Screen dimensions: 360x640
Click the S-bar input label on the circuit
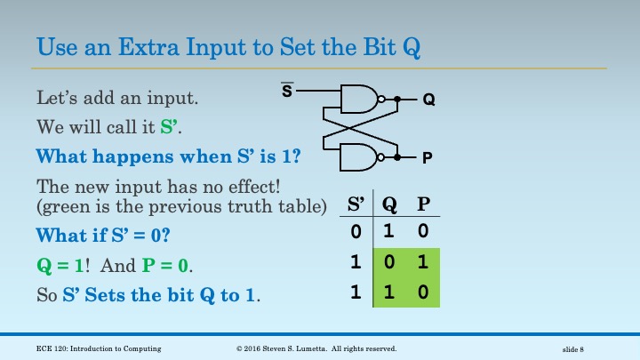click(x=287, y=90)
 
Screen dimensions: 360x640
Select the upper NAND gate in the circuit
click(x=359, y=100)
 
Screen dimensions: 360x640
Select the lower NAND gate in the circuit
click(x=359, y=157)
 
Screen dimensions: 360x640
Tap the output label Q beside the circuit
click(x=428, y=100)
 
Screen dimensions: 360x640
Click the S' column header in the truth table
click(x=356, y=204)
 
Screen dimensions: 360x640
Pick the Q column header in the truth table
click(x=389, y=204)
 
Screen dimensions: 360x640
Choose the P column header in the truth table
click(x=423, y=204)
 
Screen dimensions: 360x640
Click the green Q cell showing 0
click(x=389, y=263)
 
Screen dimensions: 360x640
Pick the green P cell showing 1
click(x=423, y=263)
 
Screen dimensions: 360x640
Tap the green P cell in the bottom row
click(x=423, y=292)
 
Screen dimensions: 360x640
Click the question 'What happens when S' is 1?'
click(x=167, y=156)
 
